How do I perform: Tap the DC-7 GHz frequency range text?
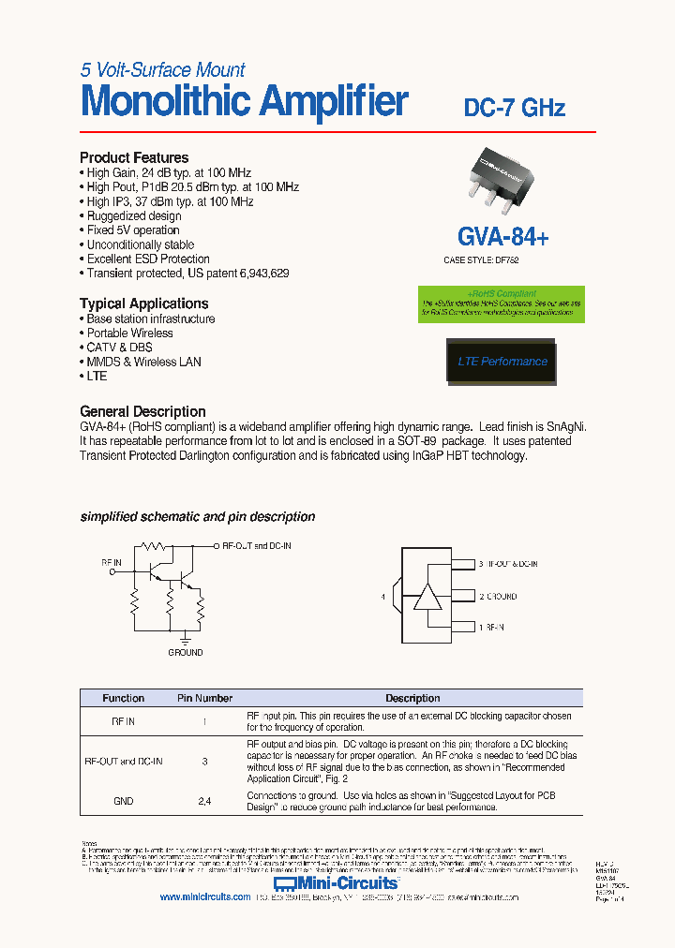[x=515, y=108]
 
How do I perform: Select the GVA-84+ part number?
[x=503, y=236]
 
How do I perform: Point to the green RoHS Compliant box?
[x=502, y=304]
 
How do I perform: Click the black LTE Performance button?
[x=502, y=362]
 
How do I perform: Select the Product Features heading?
[x=134, y=157]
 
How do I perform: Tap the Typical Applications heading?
[x=143, y=304]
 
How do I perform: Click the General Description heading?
[x=142, y=411]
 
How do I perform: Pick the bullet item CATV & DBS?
[x=119, y=348]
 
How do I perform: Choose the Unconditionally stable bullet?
[x=141, y=244]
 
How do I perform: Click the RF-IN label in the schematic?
[x=112, y=563]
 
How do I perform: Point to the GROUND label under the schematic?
[x=185, y=652]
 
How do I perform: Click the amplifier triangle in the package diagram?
[x=427, y=597]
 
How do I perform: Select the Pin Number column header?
[x=204, y=698]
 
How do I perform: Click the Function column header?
[x=123, y=698]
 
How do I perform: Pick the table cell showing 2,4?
[x=204, y=801]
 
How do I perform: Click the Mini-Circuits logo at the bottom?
[x=336, y=882]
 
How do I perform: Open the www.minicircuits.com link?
[x=204, y=896]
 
